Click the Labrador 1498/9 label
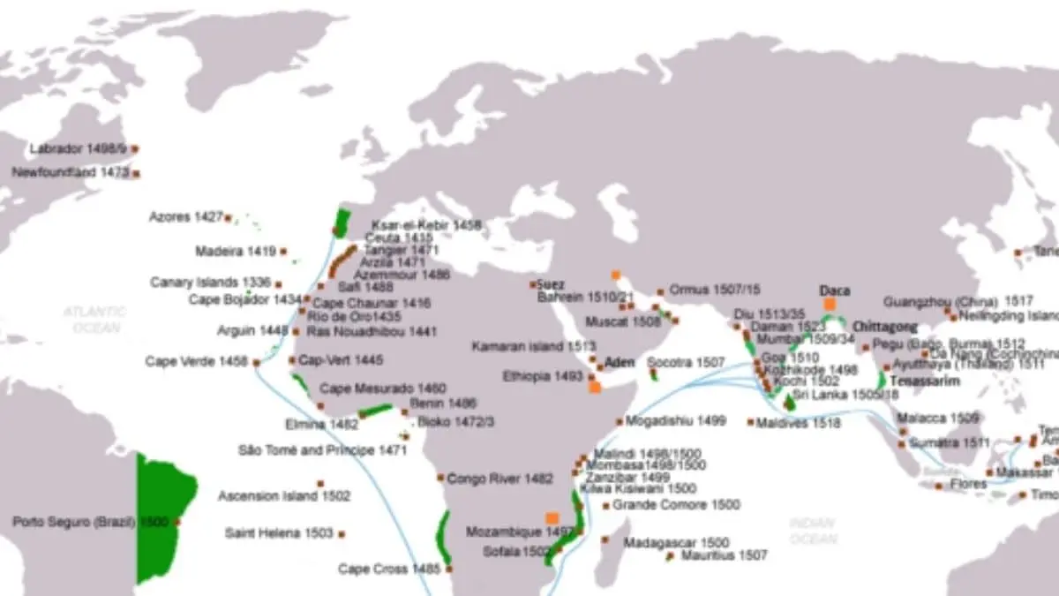tap(79, 149)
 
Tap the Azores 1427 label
tap(184, 216)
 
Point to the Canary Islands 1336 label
tap(210, 283)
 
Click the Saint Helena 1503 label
tap(279, 533)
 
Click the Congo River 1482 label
tap(499, 479)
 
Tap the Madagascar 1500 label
tap(676, 542)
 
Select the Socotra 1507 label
tap(686, 363)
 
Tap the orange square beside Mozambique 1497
tap(552, 518)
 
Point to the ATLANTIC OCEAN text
tap(94, 320)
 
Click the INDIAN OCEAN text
tap(813, 531)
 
